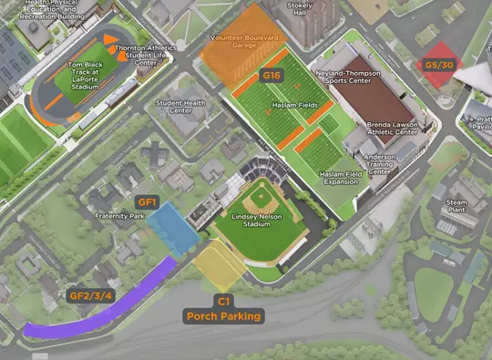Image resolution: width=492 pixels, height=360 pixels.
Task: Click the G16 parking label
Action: click(272, 75)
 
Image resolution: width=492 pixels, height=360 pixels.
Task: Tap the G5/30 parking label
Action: click(438, 66)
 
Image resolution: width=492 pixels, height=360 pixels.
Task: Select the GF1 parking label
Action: click(148, 201)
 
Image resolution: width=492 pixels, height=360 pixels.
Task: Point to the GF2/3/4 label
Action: click(91, 295)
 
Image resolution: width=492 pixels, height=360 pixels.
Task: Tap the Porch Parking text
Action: click(223, 316)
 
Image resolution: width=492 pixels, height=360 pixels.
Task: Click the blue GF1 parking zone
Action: click(172, 228)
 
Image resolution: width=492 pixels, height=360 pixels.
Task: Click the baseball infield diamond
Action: click(261, 196)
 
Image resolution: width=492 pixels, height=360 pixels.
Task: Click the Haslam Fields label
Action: click(295, 106)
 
